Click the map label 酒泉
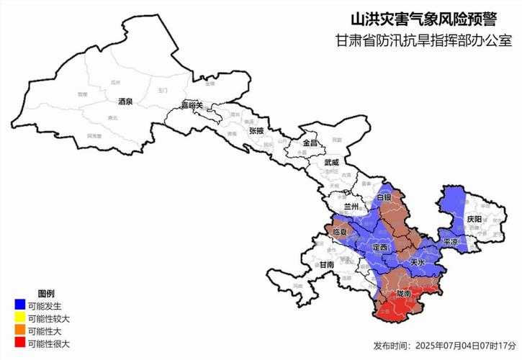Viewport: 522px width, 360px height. [125, 102]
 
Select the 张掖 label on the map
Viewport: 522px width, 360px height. [256, 131]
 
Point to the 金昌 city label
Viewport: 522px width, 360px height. [309, 143]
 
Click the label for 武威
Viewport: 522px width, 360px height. [330, 163]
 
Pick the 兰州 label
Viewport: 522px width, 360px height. [351, 206]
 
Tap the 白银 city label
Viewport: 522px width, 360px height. [384, 197]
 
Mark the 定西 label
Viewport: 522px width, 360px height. [379, 247]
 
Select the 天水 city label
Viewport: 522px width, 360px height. [417, 264]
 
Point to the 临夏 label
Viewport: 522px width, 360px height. [340, 233]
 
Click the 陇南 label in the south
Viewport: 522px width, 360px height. [404, 294]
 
